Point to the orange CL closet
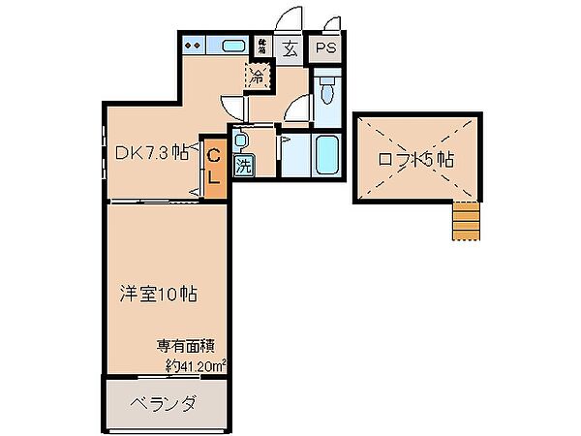(x=214, y=167)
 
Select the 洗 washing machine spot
(x=243, y=165)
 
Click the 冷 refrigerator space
(x=258, y=76)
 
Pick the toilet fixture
(x=327, y=90)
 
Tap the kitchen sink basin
(x=232, y=45)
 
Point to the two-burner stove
(x=193, y=45)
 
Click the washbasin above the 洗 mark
(x=241, y=140)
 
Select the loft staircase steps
(x=466, y=221)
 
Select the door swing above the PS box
(x=331, y=24)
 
